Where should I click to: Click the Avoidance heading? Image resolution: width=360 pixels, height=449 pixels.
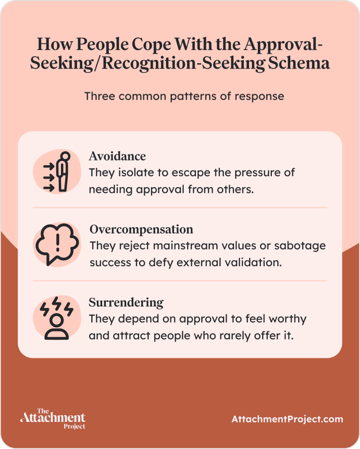(117, 156)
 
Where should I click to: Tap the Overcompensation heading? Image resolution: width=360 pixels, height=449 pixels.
(141, 229)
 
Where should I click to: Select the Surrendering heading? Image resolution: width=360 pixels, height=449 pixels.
(126, 303)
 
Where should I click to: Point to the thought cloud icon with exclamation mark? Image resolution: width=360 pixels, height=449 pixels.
(57, 245)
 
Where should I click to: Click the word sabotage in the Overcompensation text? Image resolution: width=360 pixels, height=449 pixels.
(300, 246)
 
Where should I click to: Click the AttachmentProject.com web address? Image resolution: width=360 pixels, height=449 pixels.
(287, 419)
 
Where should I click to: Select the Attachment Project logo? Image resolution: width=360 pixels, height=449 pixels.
(53, 418)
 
